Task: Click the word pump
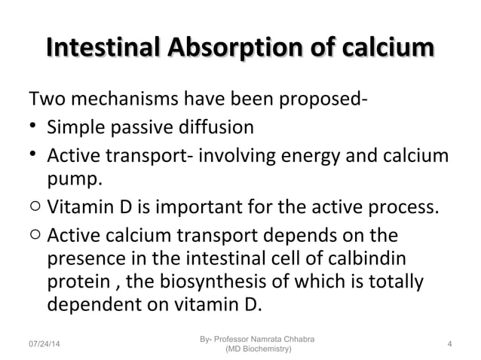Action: (x=75, y=181)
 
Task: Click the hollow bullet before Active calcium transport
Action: (x=34, y=235)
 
